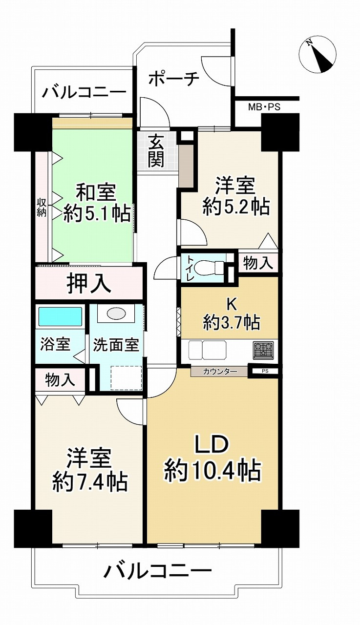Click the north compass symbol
point(318,54)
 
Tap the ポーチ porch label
point(174,79)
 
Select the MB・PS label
point(264,107)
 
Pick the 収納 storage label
point(42,208)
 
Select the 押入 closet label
point(88,284)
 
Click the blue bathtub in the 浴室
point(60,316)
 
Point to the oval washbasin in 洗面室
point(116,314)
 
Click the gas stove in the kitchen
point(264,350)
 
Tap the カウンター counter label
point(220,372)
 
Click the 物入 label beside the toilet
point(258,263)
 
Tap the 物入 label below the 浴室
point(60,380)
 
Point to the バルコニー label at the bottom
point(157,585)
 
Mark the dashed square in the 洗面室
point(127,378)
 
